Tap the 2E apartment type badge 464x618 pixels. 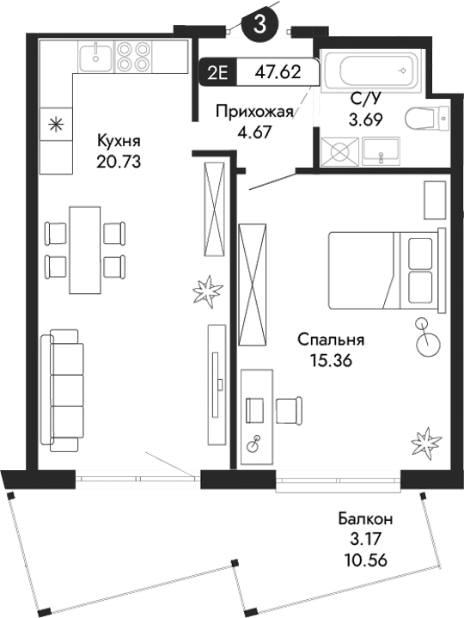[x=217, y=72]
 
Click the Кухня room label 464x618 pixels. [x=119, y=142]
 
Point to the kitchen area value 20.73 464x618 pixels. [x=119, y=160]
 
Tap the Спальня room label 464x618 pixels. [x=331, y=340]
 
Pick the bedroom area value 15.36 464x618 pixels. [x=331, y=360]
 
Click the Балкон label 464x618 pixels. [x=365, y=519]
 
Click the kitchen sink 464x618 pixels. [x=95, y=58]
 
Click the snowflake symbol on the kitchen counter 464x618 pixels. [x=55, y=125]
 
